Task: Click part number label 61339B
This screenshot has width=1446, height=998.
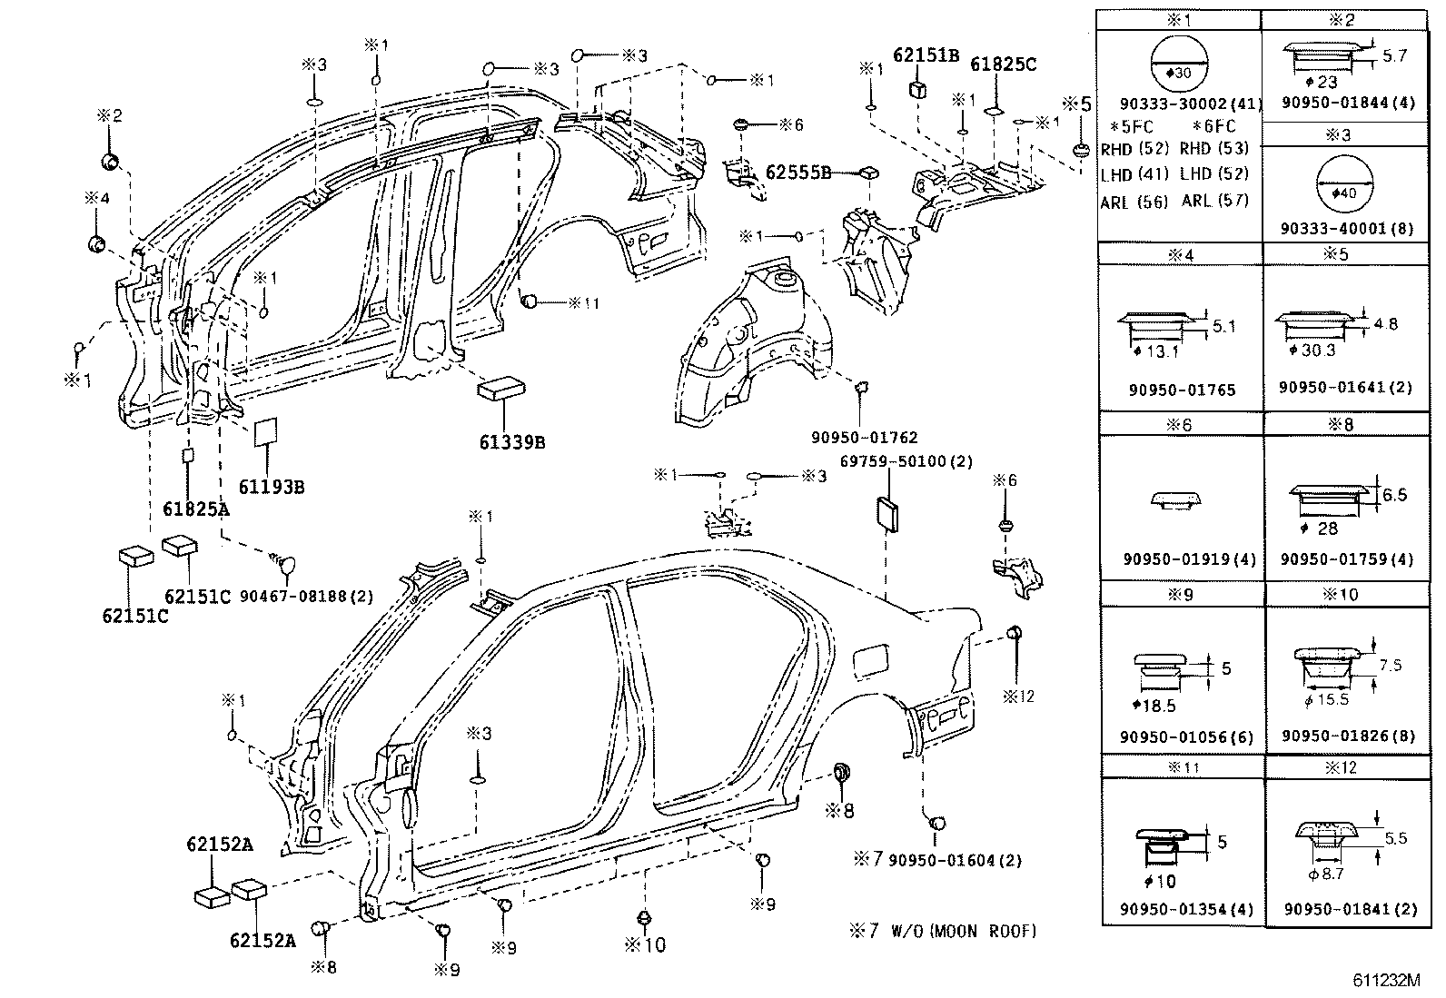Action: point(512,442)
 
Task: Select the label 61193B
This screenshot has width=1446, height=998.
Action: point(272,487)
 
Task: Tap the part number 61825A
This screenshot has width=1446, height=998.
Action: point(196,509)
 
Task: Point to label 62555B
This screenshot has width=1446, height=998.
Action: point(798,172)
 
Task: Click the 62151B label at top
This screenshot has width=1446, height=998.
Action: point(926,54)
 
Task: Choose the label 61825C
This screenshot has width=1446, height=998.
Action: point(1003,64)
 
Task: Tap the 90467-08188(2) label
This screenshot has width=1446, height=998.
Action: point(307,596)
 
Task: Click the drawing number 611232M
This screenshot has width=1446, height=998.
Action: point(1385,981)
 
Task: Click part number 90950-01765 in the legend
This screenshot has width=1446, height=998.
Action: point(1182,390)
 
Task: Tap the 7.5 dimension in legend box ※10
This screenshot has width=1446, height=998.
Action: point(1390,665)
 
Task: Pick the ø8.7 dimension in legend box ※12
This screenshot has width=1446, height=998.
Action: point(1325,874)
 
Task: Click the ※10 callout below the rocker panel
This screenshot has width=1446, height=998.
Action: point(645,944)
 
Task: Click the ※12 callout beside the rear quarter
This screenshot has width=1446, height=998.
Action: point(1018,697)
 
